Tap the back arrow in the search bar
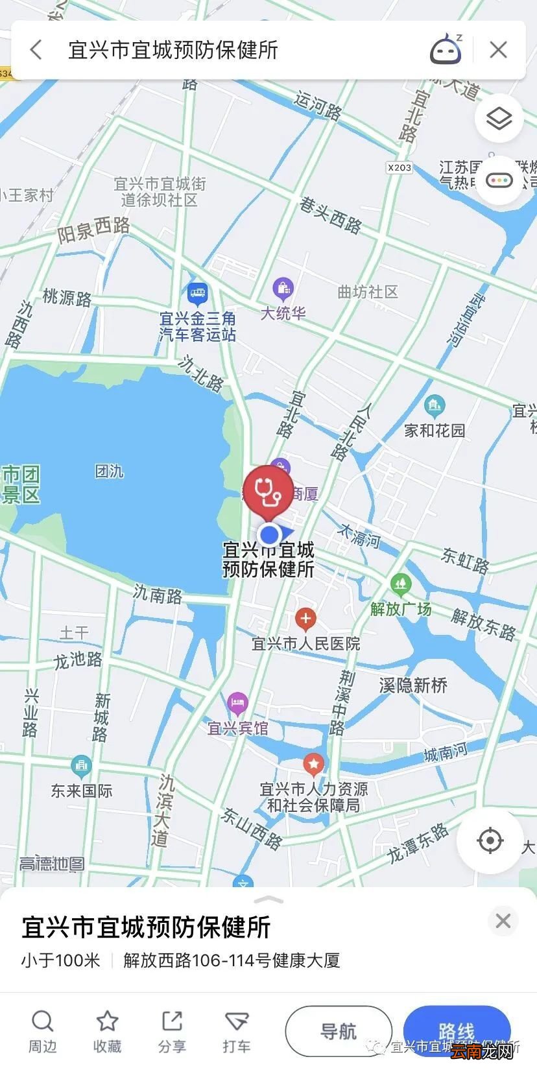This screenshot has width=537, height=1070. click(x=36, y=50)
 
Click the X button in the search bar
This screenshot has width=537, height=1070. click(x=498, y=50)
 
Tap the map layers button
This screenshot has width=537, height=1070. click(x=499, y=119)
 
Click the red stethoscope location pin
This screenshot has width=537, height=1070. click(x=268, y=491)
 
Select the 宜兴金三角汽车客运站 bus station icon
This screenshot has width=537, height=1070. click(x=198, y=294)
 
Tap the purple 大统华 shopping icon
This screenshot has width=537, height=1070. click(x=283, y=287)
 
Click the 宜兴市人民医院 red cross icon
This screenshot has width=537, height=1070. click(x=305, y=619)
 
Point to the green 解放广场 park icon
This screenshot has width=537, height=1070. click(x=401, y=584)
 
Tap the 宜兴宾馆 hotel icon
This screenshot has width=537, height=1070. click(x=237, y=703)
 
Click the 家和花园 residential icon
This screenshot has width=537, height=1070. click(x=435, y=406)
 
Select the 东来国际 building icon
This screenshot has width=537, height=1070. click(x=81, y=767)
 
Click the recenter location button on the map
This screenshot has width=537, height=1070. click(x=490, y=841)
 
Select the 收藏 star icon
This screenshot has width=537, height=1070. click(x=107, y=1022)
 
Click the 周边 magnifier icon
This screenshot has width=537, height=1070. click(x=42, y=1022)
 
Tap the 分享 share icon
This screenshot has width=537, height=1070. click(x=172, y=1022)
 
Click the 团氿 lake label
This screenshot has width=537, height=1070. click(x=110, y=471)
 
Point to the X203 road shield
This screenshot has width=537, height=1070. click(x=400, y=167)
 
